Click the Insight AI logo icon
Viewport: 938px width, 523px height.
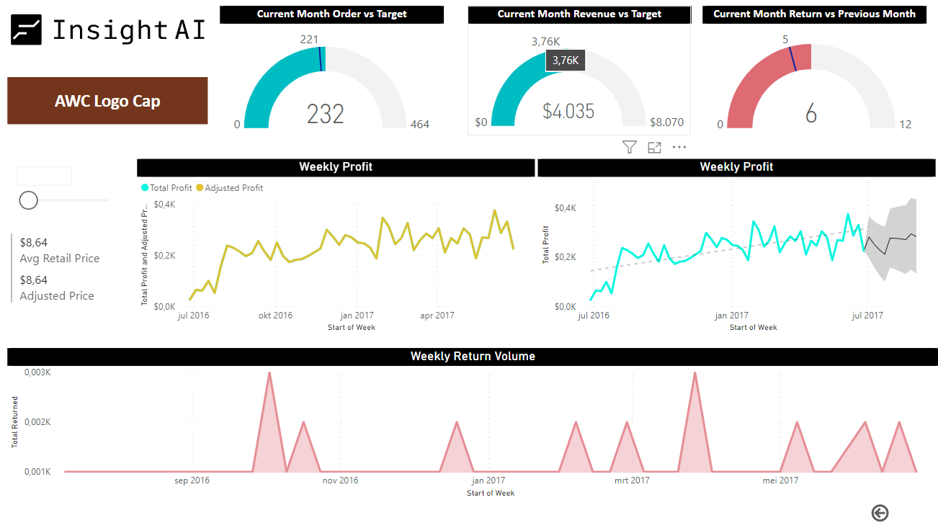[26, 30]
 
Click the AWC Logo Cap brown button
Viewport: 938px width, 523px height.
[107, 101]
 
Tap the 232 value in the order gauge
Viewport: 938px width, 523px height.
[326, 114]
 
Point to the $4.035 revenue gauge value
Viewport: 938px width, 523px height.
[568, 112]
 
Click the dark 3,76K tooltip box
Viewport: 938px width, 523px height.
[566, 61]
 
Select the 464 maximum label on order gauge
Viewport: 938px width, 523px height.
[419, 125]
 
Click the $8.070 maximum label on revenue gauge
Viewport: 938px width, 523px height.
[666, 122]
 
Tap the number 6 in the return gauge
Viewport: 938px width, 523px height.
[811, 114]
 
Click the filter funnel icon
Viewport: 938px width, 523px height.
[630, 147]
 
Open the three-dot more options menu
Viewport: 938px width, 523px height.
[679, 147]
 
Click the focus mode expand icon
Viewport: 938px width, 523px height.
[654, 148]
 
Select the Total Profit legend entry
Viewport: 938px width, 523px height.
[166, 188]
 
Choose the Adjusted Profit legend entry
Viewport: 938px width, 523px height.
[230, 188]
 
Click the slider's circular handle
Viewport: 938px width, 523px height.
[29, 200]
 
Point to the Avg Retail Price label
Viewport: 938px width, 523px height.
[60, 259]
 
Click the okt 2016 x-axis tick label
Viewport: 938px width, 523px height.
[275, 316]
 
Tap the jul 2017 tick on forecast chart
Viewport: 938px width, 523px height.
[867, 316]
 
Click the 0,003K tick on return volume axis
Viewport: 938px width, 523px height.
[37, 372]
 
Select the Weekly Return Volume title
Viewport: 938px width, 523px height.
[473, 357]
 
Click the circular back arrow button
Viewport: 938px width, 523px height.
[880, 513]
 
